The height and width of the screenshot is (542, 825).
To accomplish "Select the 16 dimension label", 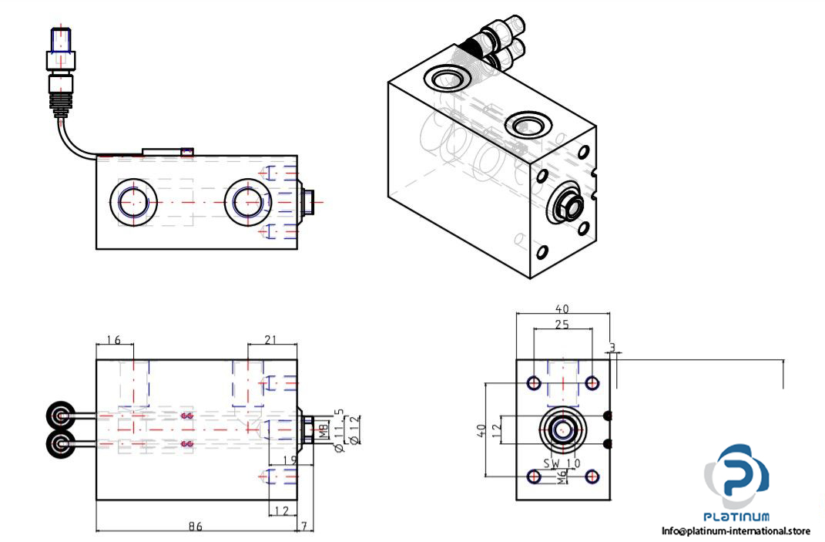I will pyautogui.click(x=114, y=339).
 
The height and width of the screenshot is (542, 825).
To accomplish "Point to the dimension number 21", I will pyautogui.click(x=270, y=339).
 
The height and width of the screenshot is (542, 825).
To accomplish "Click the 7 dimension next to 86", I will pyautogui.click(x=305, y=527).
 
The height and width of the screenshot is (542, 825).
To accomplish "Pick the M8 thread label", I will pyautogui.click(x=324, y=429).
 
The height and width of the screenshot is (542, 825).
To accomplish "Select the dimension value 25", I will pyautogui.click(x=562, y=325).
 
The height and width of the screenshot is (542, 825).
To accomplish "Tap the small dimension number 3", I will pyautogui.click(x=613, y=348).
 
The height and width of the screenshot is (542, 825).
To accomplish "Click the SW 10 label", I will pyautogui.click(x=561, y=463).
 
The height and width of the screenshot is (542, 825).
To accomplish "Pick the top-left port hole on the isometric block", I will pyautogui.click(x=444, y=79).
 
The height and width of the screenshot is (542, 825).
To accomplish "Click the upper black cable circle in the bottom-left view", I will pyautogui.click(x=59, y=416).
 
